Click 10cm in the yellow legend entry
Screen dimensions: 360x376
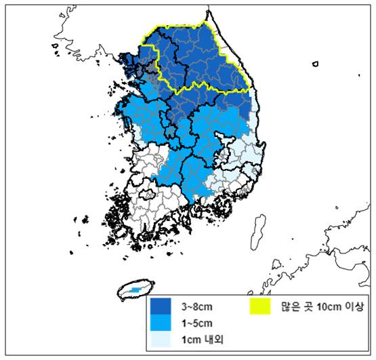pos(325,305)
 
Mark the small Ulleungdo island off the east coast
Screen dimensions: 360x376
pos(315,65)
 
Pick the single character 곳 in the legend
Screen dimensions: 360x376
pos(307,305)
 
